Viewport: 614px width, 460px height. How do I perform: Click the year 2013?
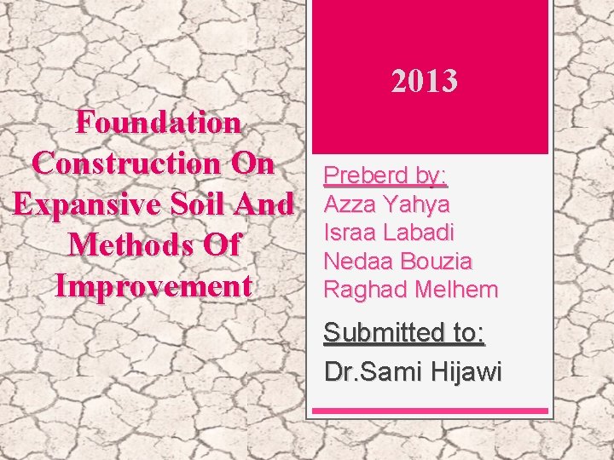(425, 81)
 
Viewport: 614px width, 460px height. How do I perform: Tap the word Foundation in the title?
(158, 123)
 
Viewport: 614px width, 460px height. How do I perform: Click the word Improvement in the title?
(153, 285)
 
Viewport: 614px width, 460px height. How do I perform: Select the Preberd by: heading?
(385, 176)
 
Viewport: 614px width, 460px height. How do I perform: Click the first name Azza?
(350, 204)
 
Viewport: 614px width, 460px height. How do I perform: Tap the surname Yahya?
(418, 204)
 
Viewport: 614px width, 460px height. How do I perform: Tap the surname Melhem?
(455, 290)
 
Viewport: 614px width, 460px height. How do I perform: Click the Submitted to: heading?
(404, 333)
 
